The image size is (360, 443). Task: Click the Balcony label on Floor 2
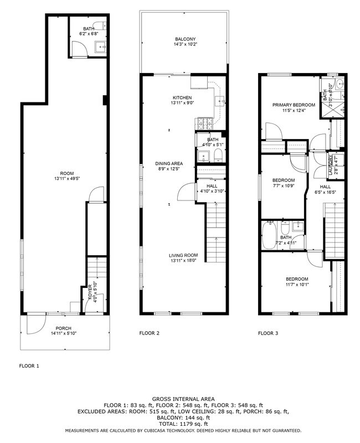185,39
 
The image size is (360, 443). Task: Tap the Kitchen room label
182,98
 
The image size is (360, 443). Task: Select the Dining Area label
169,163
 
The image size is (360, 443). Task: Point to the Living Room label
183,255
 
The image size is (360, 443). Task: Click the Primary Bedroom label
294,105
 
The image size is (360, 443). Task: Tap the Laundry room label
331,165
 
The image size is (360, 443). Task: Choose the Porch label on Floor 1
63,328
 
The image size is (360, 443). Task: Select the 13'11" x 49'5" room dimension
66,178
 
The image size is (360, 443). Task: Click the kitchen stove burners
204,122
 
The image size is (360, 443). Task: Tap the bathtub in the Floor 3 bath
269,235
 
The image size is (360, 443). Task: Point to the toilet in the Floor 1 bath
100,25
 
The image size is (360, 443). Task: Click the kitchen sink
220,101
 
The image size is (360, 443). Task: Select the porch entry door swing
37,325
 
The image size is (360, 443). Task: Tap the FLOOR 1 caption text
29,366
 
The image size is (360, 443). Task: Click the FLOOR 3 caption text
268,333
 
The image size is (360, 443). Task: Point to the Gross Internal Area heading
183,399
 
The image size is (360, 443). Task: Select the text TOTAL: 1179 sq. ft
183,424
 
